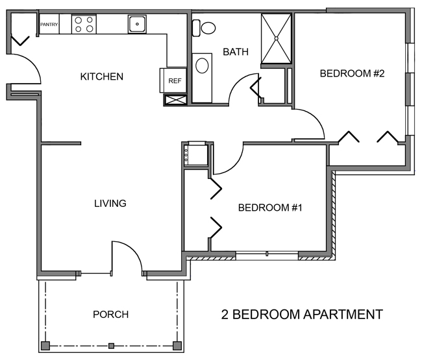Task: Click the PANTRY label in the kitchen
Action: [x=49, y=25]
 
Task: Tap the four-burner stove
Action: [x=82, y=25]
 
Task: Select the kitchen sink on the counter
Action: [x=138, y=25]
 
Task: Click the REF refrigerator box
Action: [x=174, y=81]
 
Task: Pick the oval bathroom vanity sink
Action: [x=202, y=66]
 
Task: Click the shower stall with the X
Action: [x=277, y=38]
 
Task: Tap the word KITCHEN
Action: [x=101, y=77]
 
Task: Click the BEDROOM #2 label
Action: [x=353, y=73]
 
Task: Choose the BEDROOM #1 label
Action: [x=271, y=208]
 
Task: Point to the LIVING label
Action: [x=110, y=204]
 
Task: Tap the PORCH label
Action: [x=110, y=315]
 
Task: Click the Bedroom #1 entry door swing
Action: [x=227, y=159]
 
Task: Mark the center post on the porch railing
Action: [x=111, y=344]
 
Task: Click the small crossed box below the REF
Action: [x=174, y=101]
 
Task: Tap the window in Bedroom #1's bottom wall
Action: [x=266, y=256]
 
